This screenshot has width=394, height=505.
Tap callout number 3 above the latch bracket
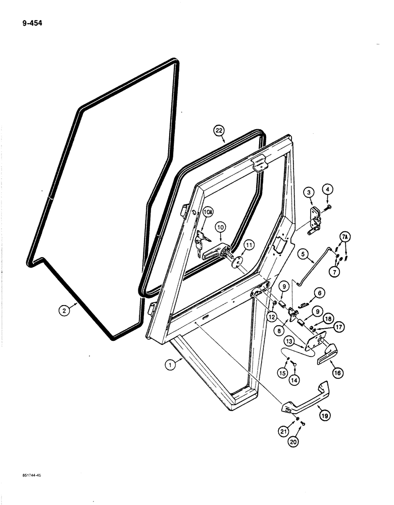pos(309,192)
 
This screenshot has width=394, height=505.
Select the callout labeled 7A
pos(344,237)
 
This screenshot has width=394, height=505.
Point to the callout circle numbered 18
pos(328,319)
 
